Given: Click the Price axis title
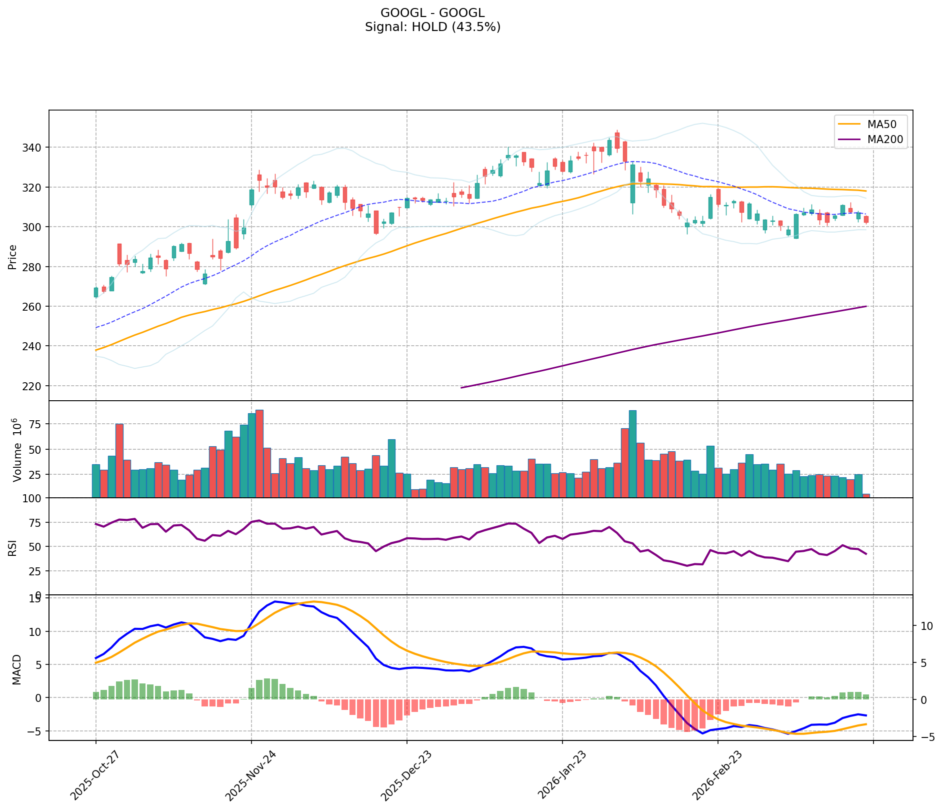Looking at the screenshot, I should pyautogui.click(x=12, y=257).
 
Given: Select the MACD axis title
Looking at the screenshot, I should pyautogui.click(x=16, y=669).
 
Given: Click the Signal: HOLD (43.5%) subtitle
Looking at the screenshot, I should pyautogui.click(x=432, y=27).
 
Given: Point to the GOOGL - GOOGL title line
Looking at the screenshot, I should pyautogui.click(x=432, y=13).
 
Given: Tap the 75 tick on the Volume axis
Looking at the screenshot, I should pyautogui.click(x=37, y=424).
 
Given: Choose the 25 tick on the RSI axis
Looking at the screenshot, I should pyautogui.click(x=37, y=571).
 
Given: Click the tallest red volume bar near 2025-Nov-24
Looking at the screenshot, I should pyautogui.click(x=259, y=453).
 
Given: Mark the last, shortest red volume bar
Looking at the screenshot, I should pyautogui.click(x=866, y=496).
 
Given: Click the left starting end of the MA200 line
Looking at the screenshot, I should pyautogui.click(x=461, y=388).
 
